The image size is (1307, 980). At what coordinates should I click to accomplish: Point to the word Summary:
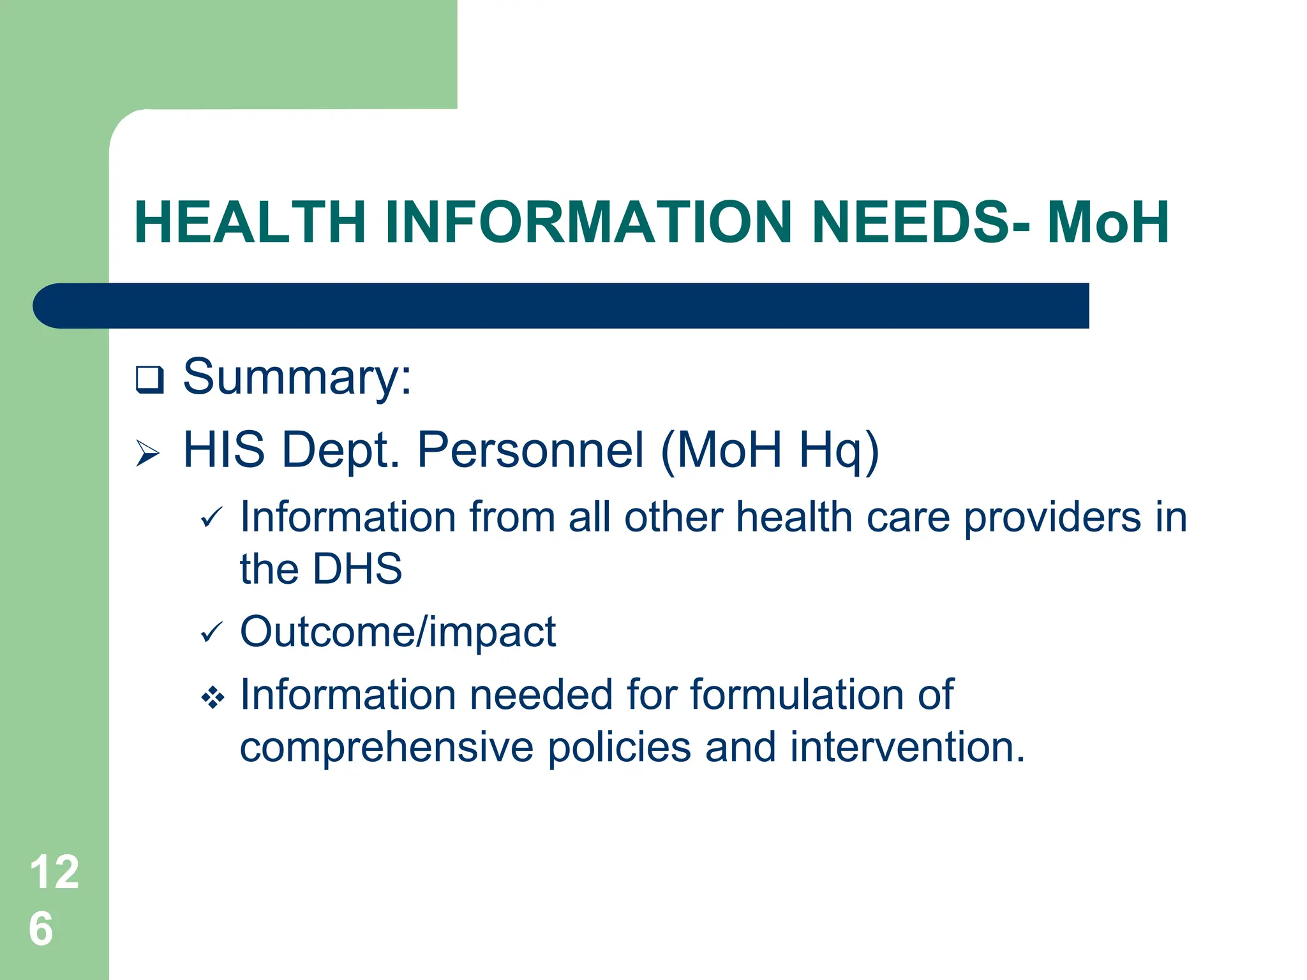[x=297, y=377]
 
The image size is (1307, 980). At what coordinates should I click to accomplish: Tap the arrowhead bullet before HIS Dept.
[x=148, y=454]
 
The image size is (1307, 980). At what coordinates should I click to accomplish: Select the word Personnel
[x=530, y=450]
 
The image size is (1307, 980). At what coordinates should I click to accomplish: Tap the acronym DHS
[x=357, y=568]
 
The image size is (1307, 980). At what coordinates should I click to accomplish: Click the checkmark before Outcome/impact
[x=211, y=632]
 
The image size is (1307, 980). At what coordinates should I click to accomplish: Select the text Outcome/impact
[x=398, y=632]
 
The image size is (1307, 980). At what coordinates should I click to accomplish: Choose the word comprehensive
[x=387, y=747]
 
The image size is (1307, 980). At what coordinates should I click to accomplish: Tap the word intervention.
[x=907, y=747]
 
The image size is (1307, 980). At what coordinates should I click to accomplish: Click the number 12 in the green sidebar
[x=54, y=872]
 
